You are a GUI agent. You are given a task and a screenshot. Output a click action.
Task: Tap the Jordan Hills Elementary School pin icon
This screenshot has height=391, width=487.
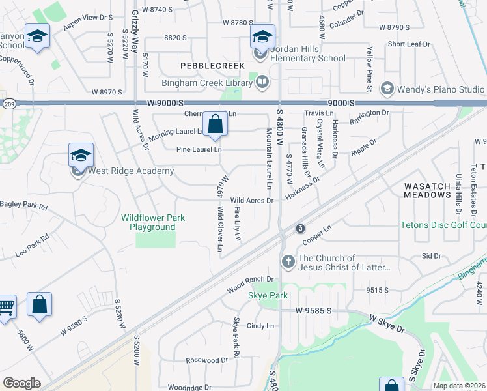tap(262, 36)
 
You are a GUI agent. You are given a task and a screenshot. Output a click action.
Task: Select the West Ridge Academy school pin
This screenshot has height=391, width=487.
tap(81, 156)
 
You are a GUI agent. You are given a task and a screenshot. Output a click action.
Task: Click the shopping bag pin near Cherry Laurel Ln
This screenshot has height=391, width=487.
tap(214, 124)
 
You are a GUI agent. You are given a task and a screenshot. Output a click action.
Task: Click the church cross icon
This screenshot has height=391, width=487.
tap(288, 262)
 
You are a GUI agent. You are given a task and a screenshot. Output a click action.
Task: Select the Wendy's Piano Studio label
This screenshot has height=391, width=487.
tap(443, 89)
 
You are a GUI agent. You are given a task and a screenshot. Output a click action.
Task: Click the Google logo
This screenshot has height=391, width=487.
tap(21, 383)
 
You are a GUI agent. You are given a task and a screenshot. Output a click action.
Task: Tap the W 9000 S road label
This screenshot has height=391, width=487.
tap(167, 103)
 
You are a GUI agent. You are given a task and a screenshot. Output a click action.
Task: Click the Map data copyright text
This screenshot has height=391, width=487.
tap(459, 386)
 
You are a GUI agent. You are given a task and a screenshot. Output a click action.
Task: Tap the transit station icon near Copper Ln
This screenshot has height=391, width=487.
tap(301, 229)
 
